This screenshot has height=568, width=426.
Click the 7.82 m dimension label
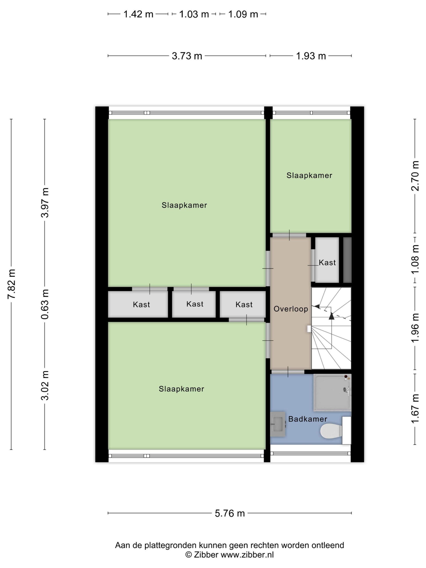(12, 284)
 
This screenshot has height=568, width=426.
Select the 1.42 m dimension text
(138, 14)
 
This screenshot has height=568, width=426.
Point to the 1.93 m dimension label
(311, 56)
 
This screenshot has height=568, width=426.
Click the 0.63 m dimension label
(45, 304)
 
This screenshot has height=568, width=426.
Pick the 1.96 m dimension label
(415, 328)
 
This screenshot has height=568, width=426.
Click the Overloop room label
(291, 309)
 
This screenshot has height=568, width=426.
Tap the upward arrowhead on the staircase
(331, 316)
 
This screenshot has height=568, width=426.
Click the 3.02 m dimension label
(45, 385)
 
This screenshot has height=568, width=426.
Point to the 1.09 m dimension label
(243, 14)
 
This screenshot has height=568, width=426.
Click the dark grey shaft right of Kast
(347, 260)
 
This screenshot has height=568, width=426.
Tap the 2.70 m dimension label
(415, 176)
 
